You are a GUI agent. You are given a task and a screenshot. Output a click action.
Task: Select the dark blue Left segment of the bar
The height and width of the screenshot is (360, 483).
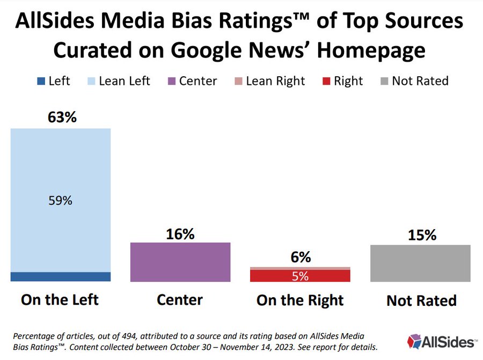[61, 277]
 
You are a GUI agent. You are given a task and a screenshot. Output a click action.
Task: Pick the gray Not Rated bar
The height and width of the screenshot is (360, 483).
[420, 263]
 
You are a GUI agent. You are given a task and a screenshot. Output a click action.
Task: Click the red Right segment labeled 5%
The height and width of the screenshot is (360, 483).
[300, 276]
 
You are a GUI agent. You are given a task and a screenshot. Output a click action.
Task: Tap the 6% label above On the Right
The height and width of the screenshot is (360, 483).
[300, 258]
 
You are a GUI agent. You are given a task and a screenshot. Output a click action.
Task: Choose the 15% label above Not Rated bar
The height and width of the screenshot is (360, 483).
[421, 236]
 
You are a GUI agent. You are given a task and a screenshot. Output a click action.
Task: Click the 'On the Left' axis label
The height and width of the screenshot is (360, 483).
[60, 300]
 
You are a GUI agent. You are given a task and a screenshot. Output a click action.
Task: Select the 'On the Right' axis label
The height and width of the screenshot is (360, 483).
[300, 300]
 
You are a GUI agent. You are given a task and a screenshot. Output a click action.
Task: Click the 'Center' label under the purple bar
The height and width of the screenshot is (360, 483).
[180, 300]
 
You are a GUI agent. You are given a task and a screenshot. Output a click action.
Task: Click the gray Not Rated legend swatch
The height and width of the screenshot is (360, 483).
[384, 82]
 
